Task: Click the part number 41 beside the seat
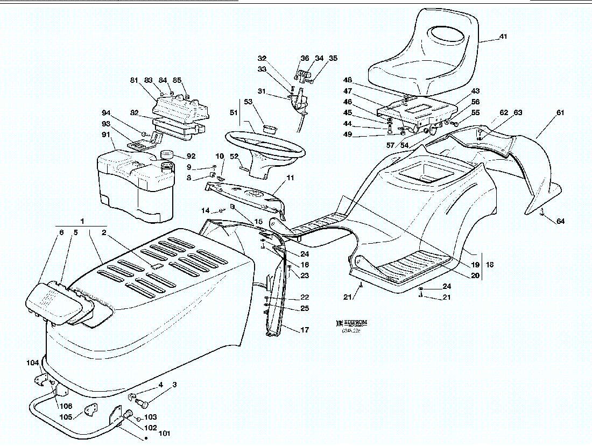(x=503, y=37)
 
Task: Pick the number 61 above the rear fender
(x=560, y=112)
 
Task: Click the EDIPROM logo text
(x=355, y=322)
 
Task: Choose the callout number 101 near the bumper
(x=164, y=433)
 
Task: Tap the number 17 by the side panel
(x=305, y=330)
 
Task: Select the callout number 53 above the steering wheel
(x=248, y=101)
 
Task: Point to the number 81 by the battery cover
(x=135, y=80)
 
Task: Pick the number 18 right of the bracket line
(x=490, y=265)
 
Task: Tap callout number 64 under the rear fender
(x=561, y=221)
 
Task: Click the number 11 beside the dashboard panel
(x=291, y=177)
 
